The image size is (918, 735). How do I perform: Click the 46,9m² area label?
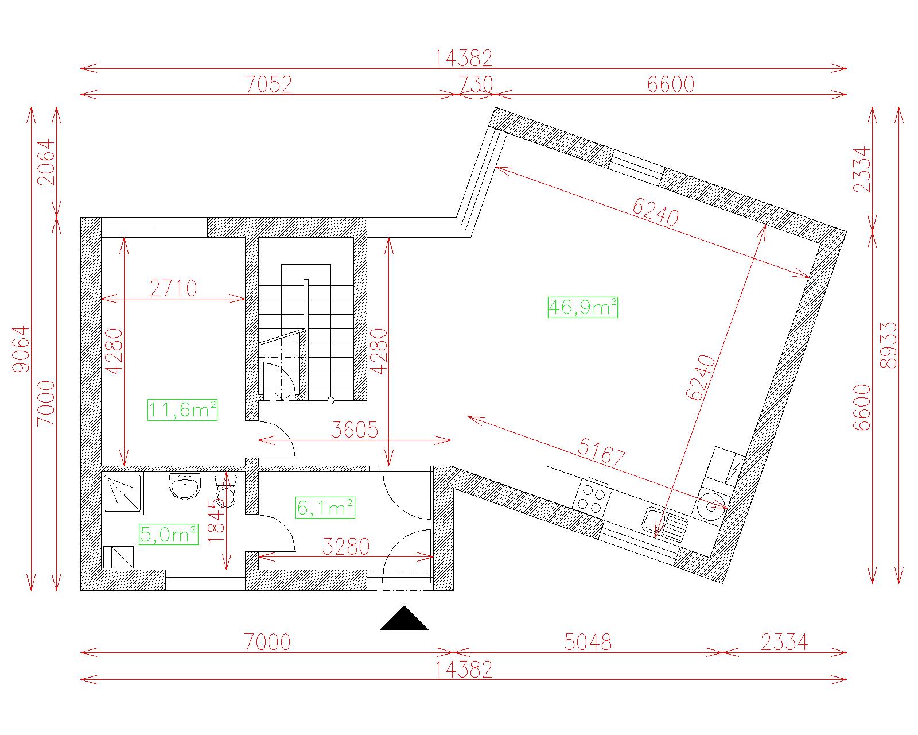pos(583,308)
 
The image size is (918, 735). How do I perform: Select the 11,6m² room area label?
pos(182,410)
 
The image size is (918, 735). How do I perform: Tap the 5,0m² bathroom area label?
pos(169,534)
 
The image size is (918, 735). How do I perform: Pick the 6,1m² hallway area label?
pos(325,508)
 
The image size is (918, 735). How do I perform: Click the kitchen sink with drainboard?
pos(665,524)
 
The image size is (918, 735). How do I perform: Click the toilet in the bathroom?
pos(225,491)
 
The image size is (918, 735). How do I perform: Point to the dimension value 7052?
pos(269,84)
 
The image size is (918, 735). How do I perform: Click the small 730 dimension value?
pos(475,84)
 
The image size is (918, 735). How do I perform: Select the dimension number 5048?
pos(588,642)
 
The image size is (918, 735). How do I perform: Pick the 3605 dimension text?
pos(355,430)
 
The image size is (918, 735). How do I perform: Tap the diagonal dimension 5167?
pos(601,452)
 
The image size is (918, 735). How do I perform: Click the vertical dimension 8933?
pos(889,345)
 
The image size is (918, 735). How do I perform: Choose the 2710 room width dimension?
pos(173,289)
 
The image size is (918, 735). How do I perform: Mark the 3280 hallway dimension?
pos(345,547)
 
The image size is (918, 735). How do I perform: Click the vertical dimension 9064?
pos(21,349)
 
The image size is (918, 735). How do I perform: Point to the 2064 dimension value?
pos(46,162)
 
